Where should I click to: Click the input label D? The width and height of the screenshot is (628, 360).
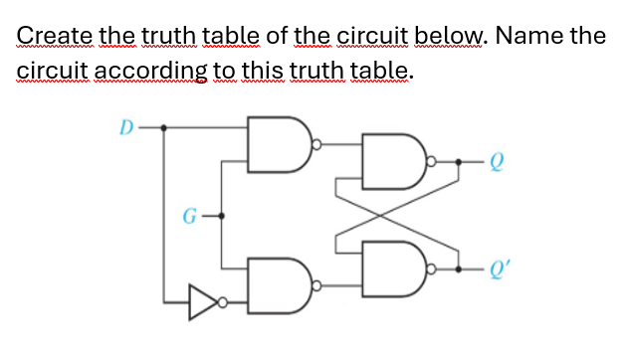[x=125, y=127]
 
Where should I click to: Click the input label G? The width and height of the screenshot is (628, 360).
[x=185, y=213]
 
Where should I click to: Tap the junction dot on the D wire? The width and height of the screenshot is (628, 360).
[x=164, y=127]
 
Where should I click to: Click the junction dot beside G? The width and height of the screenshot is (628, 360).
[x=222, y=213]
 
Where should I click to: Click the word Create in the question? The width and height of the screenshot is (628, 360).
[x=53, y=38]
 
